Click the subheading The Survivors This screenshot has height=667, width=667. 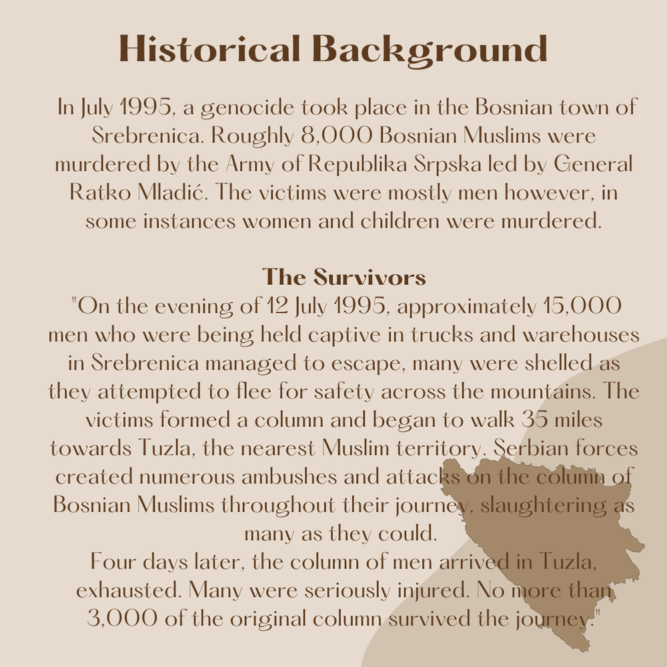point(344,276)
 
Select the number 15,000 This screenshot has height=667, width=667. point(580,306)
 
